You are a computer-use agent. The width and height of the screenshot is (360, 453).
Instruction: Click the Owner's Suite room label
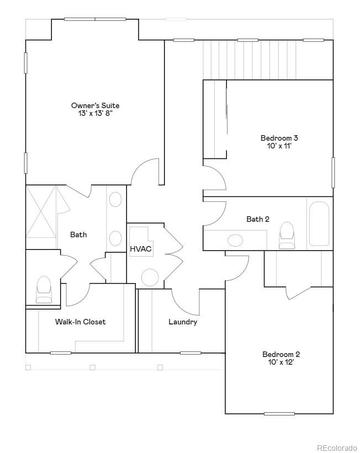point(95,105)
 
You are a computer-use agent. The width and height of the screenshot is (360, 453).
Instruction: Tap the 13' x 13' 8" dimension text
point(95,114)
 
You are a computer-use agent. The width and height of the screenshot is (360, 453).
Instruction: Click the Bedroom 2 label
point(281,354)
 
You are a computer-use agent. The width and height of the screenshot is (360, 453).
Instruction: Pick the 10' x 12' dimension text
point(281,363)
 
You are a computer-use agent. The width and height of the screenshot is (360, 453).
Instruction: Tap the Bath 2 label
point(258,219)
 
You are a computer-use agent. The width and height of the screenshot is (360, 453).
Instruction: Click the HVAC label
point(141,249)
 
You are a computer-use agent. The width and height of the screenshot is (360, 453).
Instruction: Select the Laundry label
point(183,322)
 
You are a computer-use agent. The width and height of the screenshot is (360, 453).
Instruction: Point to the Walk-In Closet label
point(80,322)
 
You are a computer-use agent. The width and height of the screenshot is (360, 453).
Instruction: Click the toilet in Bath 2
point(287,235)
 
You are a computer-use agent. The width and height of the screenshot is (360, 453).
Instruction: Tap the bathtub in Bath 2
point(319,223)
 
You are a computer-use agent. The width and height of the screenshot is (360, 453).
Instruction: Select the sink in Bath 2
point(235,241)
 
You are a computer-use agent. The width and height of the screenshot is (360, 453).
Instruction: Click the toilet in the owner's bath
point(44,289)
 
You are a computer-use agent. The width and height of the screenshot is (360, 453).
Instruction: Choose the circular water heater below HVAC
point(150,277)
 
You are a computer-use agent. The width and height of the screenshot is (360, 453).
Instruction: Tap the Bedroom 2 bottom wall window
point(279,413)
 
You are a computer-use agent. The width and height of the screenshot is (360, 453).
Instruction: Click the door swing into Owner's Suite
point(146,172)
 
